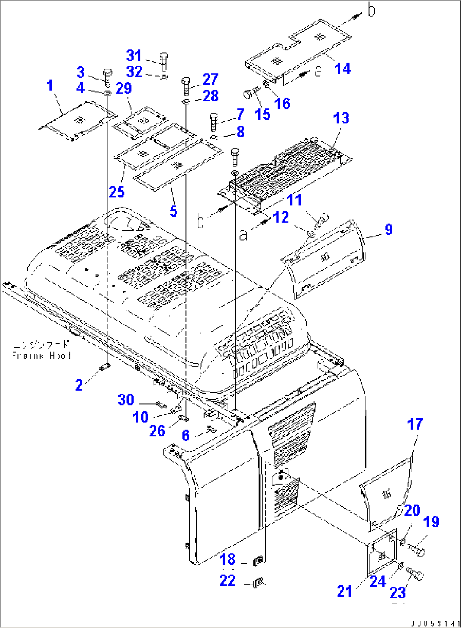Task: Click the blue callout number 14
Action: click(x=343, y=69)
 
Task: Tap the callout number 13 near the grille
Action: click(x=341, y=118)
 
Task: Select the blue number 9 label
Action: click(x=389, y=230)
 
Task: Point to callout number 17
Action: click(x=415, y=424)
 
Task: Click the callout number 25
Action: click(x=117, y=192)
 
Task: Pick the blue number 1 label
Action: click(x=50, y=85)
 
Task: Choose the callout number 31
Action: click(x=134, y=55)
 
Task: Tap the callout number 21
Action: click(x=345, y=591)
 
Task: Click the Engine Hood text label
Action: click(x=41, y=350)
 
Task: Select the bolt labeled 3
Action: click(x=107, y=76)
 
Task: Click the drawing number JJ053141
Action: click(x=436, y=623)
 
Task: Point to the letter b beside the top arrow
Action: click(x=371, y=11)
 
